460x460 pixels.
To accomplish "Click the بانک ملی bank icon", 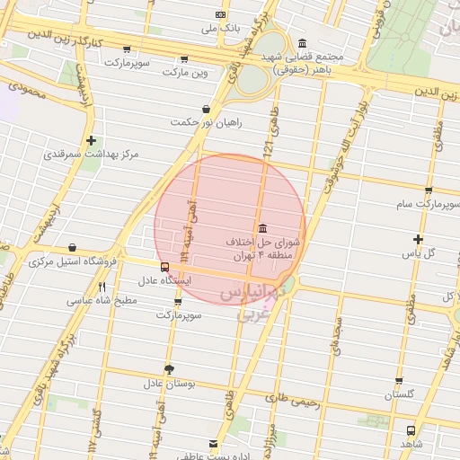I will pos(221,15).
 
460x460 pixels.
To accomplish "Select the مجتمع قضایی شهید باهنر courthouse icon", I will pos(301,44).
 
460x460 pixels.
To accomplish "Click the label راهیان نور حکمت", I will pos(210,122).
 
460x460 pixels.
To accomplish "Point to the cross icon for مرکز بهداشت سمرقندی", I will pos(91,141).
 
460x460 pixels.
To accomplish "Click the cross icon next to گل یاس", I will pos(418,238).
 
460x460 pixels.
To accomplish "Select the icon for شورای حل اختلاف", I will pos(261,227).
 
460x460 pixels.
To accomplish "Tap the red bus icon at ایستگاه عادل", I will pos(164,267).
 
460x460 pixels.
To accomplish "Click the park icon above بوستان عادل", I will pos(169,369).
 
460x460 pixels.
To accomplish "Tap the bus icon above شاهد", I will pos(411,430).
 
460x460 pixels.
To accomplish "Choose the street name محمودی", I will pos(26,89).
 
